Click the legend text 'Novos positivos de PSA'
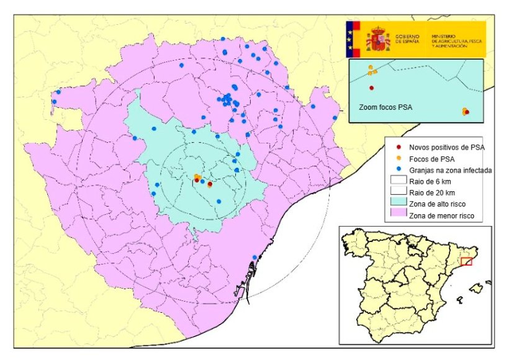pyautogui.click(x=446, y=147)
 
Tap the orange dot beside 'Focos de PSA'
pyautogui.click(x=398, y=158)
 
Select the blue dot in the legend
pyautogui.click(x=398, y=169)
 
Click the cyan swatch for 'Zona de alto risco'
pyautogui.click(x=398, y=204)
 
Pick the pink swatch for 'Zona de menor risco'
pyautogui.click(x=398, y=215)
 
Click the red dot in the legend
pyautogui.click(x=398, y=147)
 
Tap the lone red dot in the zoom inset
pyautogui.click(x=371, y=88)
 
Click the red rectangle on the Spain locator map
pyautogui.click(x=467, y=261)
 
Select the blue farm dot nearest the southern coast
pyautogui.click(x=254, y=258)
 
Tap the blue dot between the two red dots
pyautogui.click(x=203, y=182)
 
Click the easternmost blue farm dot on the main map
pyautogui.click(x=335, y=118)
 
